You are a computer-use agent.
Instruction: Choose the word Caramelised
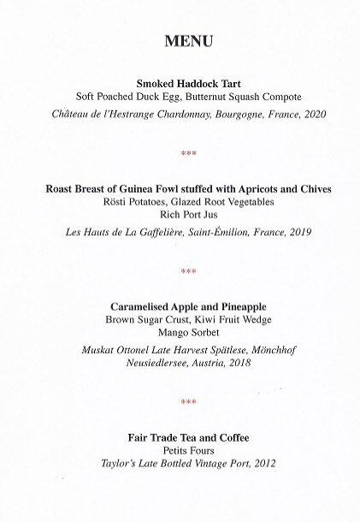[x=142, y=305]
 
